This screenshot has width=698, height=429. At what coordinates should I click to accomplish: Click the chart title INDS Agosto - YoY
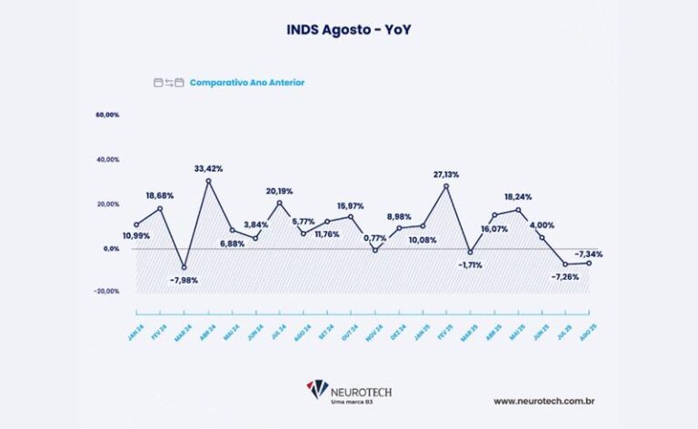(350, 30)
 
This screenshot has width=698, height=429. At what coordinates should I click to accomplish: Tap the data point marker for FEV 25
(446, 185)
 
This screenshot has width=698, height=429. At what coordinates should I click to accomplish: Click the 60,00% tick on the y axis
(106, 115)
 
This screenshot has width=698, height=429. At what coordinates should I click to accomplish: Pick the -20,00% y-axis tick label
(106, 292)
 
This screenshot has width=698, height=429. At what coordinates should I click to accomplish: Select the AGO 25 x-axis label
(587, 312)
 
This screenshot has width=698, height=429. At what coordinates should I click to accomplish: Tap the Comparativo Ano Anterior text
(247, 83)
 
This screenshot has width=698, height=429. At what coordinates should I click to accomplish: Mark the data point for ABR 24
(209, 181)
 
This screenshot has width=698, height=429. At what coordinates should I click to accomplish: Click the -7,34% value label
(588, 254)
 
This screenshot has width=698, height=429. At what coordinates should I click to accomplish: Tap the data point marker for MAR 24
(185, 267)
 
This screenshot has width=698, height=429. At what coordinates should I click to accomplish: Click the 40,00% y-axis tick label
(106, 160)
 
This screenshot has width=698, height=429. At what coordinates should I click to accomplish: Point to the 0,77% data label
(374, 238)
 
